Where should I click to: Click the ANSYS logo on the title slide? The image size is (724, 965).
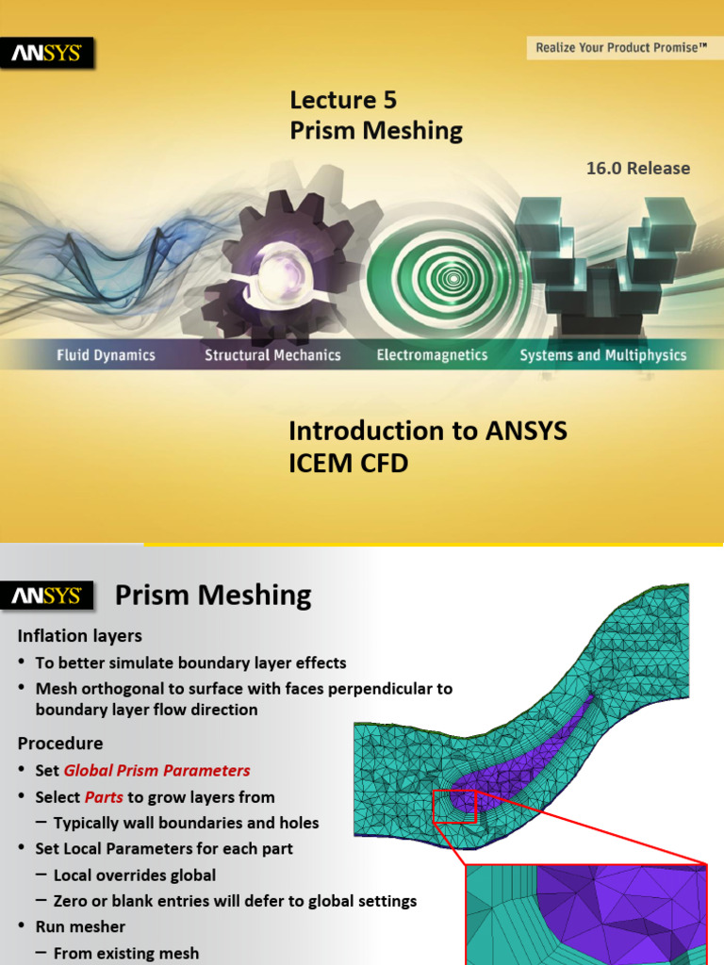tap(52, 54)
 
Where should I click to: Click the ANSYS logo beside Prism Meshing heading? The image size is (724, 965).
tap(52, 596)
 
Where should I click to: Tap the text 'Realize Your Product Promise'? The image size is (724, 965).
tap(620, 46)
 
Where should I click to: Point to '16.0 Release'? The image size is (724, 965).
tap(638, 169)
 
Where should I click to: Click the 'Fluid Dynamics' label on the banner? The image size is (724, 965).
tap(105, 355)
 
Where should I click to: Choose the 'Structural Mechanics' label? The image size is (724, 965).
tap(272, 355)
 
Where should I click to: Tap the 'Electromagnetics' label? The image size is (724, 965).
tap(432, 355)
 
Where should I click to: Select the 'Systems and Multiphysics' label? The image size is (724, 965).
tap(603, 355)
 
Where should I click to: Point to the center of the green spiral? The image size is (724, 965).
tap(453, 277)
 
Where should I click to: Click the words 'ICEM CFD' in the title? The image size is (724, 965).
tap(348, 464)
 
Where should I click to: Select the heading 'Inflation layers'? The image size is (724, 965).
tap(79, 636)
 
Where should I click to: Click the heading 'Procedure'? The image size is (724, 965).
tap(60, 744)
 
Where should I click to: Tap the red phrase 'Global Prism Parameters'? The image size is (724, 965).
tap(156, 770)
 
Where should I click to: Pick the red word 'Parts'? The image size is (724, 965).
tap(104, 797)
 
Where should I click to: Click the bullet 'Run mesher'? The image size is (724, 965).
tap(80, 926)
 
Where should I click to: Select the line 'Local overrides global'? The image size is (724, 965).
tap(135, 875)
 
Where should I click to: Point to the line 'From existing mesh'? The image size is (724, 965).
tap(126, 953)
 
